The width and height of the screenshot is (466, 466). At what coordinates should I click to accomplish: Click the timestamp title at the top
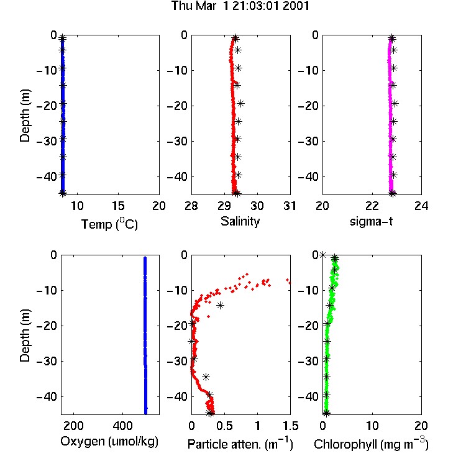(240, 6)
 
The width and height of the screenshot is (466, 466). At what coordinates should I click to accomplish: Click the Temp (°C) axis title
(109, 224)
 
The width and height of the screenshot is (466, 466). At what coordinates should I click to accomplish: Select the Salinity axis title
(240, 221)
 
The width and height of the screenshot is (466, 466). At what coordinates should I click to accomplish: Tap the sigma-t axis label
(371, 221)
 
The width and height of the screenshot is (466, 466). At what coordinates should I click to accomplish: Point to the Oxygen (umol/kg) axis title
(109, 441)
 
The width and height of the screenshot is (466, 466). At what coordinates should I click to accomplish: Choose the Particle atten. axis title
(240, 444)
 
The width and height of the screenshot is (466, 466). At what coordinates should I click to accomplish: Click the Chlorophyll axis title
(371, 444)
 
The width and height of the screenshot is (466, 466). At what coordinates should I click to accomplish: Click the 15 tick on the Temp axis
(118, 206)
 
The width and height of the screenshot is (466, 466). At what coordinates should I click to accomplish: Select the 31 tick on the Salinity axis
(290, 206)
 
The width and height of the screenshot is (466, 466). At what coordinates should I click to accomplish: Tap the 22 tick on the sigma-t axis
(372, 206)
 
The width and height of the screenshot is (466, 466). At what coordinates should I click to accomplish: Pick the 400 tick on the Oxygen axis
(122, 426)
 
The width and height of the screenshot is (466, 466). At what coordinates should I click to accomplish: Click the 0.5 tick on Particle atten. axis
(224, 426)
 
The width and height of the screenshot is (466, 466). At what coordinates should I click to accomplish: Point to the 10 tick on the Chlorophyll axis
(372, 426)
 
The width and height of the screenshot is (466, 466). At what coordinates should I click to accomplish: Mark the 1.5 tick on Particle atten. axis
(290, 426)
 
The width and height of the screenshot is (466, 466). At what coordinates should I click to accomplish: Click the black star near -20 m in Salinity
(240, 103)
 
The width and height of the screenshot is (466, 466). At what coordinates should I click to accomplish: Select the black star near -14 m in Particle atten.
(220, 305)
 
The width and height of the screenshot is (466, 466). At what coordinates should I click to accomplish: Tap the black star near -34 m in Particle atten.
(206, 377)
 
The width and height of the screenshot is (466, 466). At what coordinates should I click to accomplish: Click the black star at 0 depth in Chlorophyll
(322, 255)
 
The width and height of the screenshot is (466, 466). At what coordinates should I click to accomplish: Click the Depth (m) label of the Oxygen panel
(25, 336)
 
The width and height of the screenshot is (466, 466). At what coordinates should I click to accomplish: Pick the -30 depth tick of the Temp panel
(47, 141)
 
